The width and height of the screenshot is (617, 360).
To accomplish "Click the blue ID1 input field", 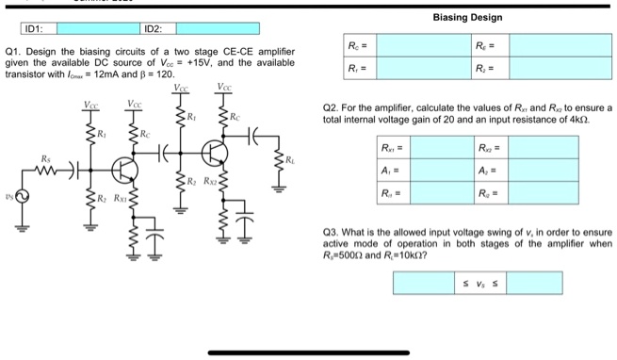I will (x=88, y=28).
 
